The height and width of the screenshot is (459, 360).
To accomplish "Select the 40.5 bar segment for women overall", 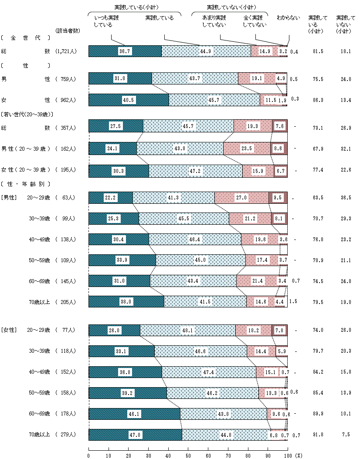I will coord(129,100).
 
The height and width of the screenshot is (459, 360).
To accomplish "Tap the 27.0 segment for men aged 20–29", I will coord(241,198).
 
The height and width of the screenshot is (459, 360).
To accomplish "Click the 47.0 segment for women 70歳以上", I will coord(135,435).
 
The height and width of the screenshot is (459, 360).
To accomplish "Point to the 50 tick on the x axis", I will coord(188,455).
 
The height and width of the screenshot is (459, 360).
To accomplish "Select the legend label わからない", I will coord(288,18).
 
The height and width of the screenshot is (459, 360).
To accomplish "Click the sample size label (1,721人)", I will coord(66,51).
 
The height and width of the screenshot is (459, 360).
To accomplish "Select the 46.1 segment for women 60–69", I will coord(134,414).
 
